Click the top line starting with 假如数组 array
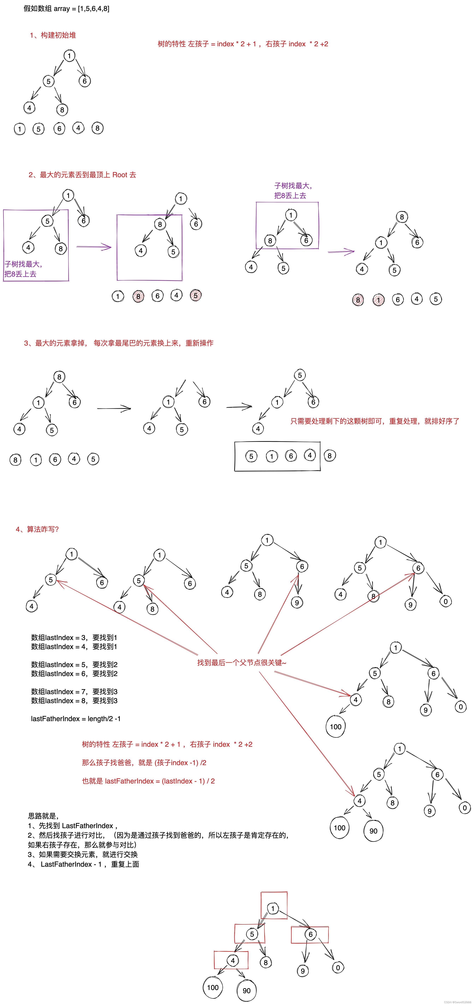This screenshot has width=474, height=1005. click(x=66, y=9)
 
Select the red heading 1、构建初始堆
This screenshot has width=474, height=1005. click(x=53, y=35)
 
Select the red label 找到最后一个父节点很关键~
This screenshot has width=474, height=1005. click(x=242, y=662)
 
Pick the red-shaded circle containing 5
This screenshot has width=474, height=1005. click(x=196, y=295)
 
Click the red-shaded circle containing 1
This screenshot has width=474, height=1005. click(x=378, y=300)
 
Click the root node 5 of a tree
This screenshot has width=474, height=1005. click(x=299, y=375)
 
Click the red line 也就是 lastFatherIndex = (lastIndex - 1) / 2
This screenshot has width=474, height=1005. click(x=148, y=781)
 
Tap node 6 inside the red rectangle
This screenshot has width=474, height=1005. click(x=310, y=934)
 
